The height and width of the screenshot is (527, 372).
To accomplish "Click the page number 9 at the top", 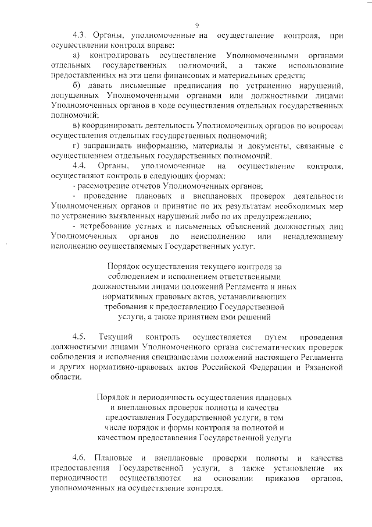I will coord(198,24).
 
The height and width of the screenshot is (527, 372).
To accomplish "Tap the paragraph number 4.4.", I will coord(80,166).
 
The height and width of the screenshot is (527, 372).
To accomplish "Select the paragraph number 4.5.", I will coord(80,337).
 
